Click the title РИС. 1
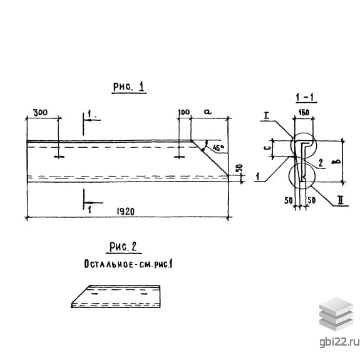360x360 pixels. coord(129,87)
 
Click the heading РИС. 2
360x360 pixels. coord(123,247)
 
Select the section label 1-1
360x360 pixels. coord(305,98)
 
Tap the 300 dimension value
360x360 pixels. coord(41,113)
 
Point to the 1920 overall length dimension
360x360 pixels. coord(126,212)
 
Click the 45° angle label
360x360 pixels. coord(219,148)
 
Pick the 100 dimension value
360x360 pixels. coord(184,112)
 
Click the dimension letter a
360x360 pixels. coord(208,112)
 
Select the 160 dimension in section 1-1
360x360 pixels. coord(304,112)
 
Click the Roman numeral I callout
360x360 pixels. coord(266,115)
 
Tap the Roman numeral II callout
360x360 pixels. coord(341,200)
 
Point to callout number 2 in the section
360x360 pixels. coord(321,163)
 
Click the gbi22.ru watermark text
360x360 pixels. coord(339,342)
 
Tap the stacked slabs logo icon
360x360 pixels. coord(336,314)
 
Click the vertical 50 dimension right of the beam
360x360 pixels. coord(239,168)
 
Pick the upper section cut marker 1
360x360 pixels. coord(90,114)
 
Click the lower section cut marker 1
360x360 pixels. coord(90,209)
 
